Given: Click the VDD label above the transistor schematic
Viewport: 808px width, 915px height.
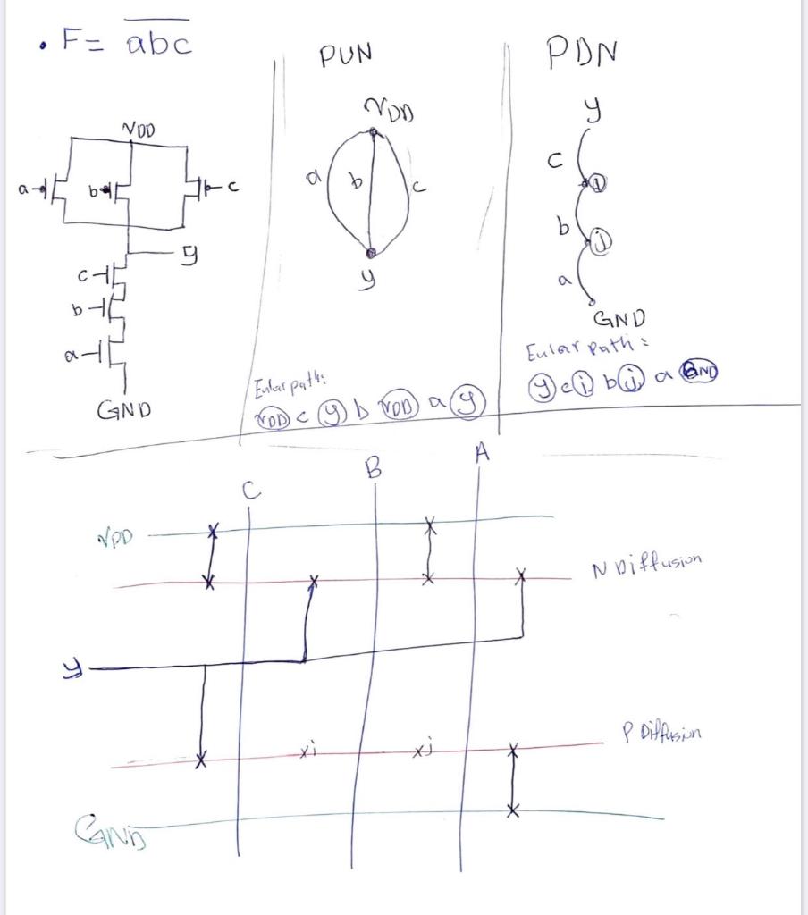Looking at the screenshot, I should point(138,130).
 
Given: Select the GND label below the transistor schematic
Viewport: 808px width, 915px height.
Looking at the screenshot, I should point(123,410).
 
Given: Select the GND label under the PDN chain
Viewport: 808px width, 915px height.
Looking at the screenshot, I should point(619,318).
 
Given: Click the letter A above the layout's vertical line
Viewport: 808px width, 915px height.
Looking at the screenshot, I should point(483,454).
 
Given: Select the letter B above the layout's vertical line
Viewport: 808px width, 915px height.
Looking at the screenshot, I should point(374,468).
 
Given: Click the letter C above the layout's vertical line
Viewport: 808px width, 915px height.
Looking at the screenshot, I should point(251,490).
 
